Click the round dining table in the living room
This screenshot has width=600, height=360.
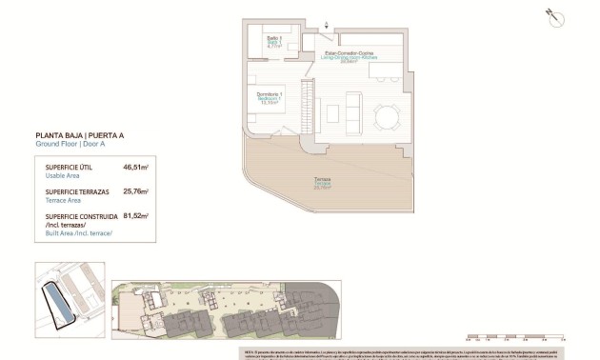pyautogui.click(x=387, y=117)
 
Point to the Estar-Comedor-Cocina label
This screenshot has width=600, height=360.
pyautogui.click(x=348, y=55)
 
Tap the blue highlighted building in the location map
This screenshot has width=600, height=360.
pyautogui.click(x=63, y=306)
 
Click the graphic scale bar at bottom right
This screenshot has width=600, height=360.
pyautogui.click(x=515, y=335)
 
